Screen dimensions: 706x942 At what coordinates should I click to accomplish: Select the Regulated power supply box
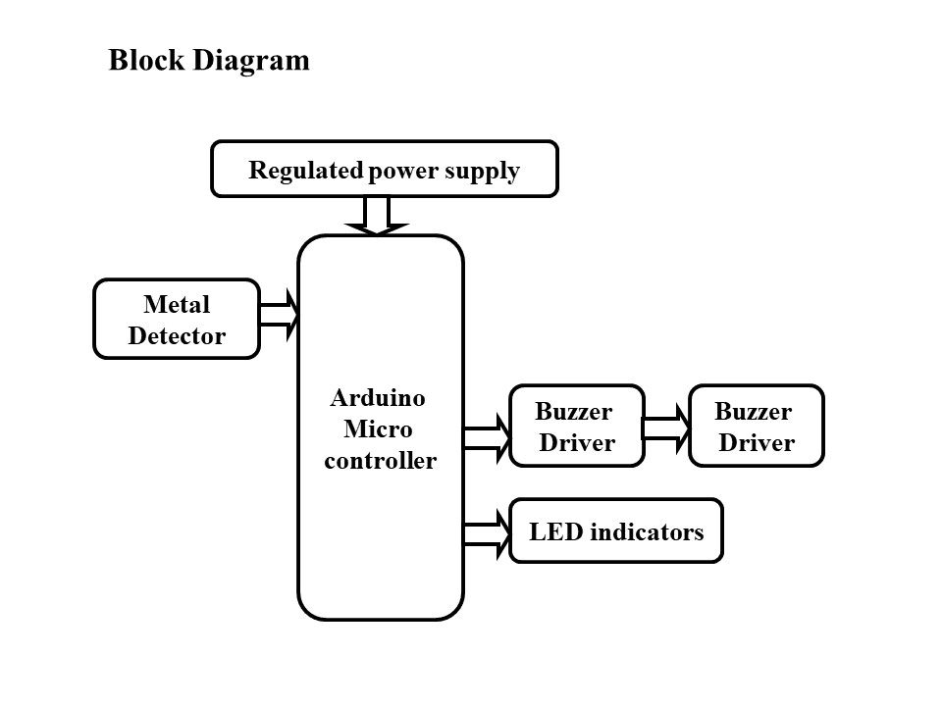tap(385, 169)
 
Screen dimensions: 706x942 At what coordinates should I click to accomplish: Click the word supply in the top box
tap(482, 172)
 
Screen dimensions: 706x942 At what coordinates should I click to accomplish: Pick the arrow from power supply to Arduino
tap(377, 216)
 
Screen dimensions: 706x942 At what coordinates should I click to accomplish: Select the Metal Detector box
tap(177, 320)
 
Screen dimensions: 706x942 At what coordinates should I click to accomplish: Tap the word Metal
tap(177, 304)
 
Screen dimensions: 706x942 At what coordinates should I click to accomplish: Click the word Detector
tap(177, 336)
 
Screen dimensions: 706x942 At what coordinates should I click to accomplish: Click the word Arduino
tap(378, 398)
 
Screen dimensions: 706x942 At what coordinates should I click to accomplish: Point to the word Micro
tap(378, 429)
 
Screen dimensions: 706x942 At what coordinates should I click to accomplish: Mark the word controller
tap(380, 461)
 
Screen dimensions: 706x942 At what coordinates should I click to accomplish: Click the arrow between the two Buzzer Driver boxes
tap(667, 429)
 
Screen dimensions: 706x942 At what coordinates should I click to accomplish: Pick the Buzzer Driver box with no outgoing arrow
tap(756, 426)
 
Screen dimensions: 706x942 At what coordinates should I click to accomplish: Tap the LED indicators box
tap(615, 531)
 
